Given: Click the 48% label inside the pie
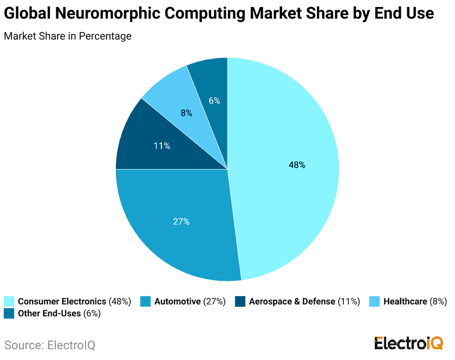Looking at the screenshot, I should [x=297, y=165].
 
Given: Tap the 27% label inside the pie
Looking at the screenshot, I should [x=181, y=221].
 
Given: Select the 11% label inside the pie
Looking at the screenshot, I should [x=162, y=146].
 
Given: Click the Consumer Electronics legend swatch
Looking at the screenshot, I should [x=9, y=301].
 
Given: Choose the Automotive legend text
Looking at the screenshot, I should [x=177, y=301].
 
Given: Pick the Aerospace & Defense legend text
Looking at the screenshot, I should [x=292, y=301].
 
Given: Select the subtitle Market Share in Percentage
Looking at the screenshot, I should [x=68, y=37].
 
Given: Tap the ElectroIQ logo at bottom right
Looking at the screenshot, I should [x=408, y=343].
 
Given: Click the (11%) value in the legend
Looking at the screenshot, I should [x=349, y=301].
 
